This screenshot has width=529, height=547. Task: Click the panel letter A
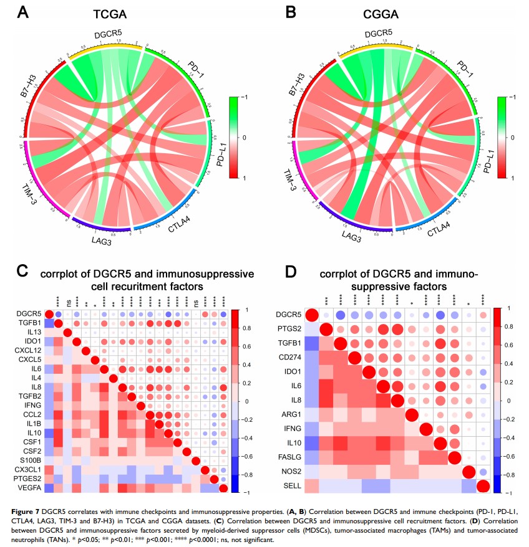tap(23, 12)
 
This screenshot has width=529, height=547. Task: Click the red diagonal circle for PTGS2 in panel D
tap(326, 329)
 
